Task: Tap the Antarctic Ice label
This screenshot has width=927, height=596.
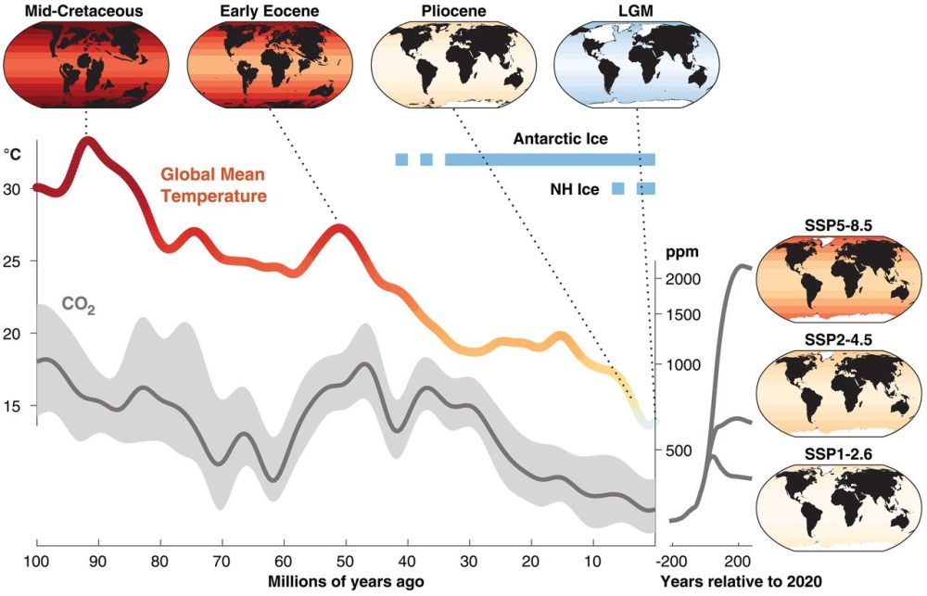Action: (560, 140)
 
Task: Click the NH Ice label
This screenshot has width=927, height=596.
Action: (575, 190)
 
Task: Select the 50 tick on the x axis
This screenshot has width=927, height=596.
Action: (345, 561)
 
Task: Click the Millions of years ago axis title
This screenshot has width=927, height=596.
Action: (346, 581)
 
